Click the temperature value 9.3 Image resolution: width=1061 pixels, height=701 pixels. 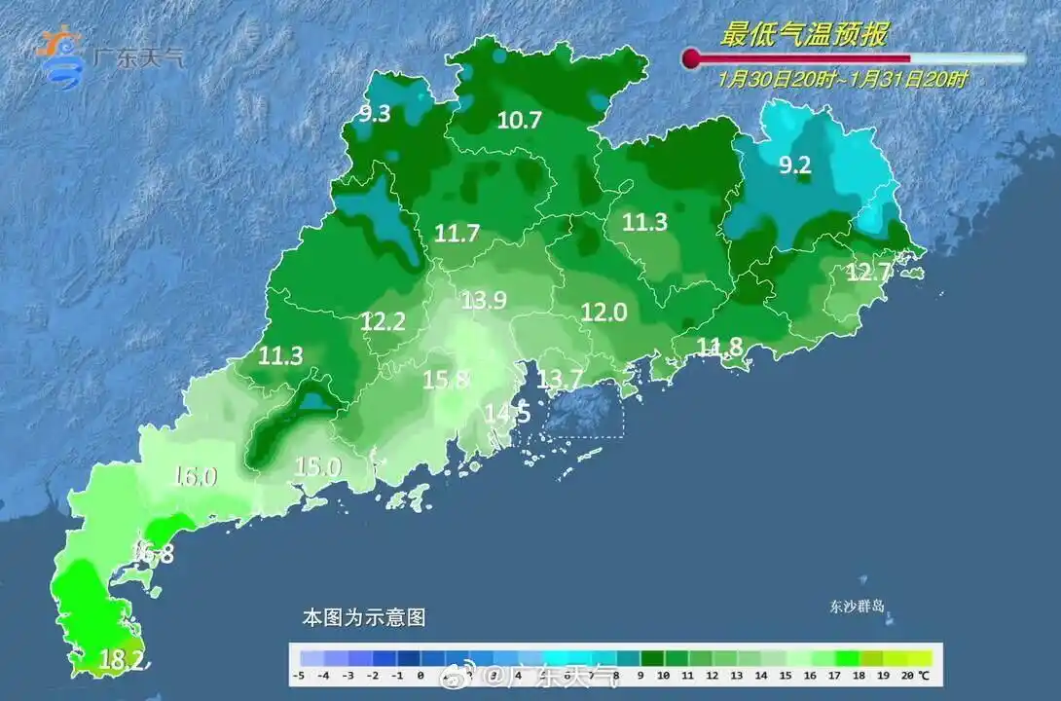375,114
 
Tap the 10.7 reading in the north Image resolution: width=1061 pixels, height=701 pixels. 519,121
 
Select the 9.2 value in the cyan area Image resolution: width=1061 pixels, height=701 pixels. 794,166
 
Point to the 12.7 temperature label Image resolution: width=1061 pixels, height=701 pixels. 868,273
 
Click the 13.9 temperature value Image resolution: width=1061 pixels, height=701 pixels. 484,301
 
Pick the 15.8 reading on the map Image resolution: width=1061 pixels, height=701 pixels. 446,380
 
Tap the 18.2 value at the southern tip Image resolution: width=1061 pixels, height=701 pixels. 123,662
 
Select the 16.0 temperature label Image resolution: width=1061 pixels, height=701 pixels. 195,476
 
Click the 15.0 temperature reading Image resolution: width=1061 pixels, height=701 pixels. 317,467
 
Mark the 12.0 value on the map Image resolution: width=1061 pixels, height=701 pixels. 604,313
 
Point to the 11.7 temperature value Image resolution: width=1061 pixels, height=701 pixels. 457,234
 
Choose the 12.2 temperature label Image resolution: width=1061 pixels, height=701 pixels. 382,321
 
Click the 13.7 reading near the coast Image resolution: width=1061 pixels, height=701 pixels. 561,378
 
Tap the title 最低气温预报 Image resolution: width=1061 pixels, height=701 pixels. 803,35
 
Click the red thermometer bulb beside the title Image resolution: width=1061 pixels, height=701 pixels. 691,59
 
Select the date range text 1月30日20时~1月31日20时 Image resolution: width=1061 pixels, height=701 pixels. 843,80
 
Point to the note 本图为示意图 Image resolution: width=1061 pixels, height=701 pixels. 363,617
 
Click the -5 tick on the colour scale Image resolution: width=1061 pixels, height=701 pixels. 302,675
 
